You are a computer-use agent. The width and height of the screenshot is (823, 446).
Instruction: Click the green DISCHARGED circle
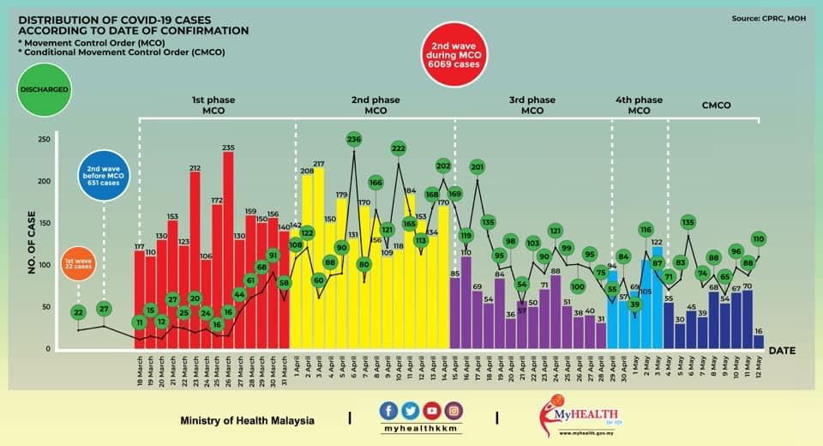point(41,89)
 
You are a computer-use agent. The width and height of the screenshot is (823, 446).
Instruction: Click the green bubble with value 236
point(354,139)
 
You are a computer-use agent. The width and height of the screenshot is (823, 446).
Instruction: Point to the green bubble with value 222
point(398,148)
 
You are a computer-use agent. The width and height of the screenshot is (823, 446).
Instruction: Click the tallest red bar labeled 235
point(228,249)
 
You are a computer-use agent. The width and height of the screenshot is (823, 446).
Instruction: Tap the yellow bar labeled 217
point(318,257)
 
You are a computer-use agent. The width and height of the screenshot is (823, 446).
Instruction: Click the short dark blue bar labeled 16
point(758,341)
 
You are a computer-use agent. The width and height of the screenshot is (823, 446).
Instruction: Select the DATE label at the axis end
point(783,351)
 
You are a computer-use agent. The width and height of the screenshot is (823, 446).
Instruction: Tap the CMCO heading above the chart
point(709,105)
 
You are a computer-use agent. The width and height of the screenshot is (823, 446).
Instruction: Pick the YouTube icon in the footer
point(432,411)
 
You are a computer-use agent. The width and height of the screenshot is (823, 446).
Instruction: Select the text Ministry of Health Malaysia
point(247,421)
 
